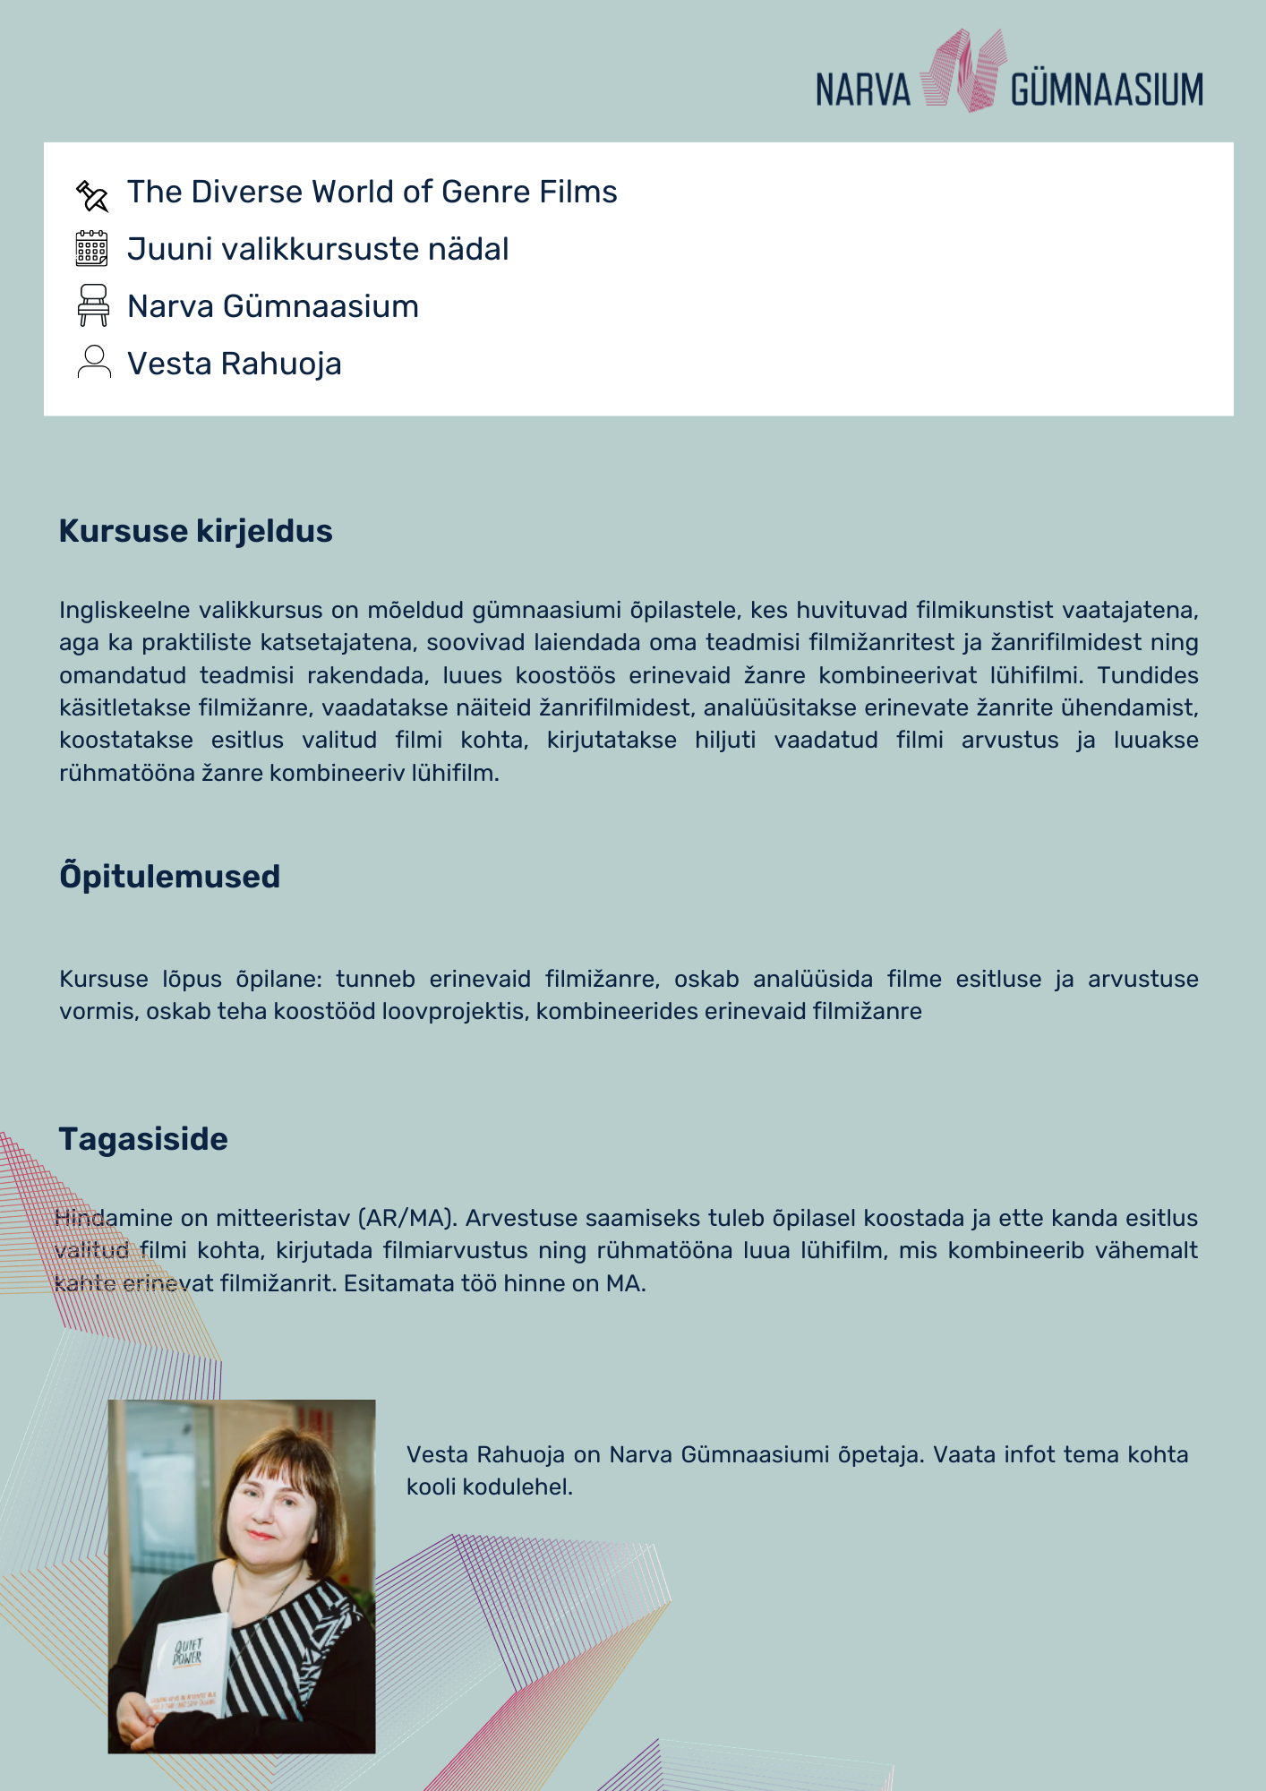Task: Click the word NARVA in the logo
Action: pos(862,90)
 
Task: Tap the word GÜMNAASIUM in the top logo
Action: pos(1107,90)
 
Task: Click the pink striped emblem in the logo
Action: pos(961,72)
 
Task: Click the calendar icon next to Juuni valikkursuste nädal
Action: pos(92,249)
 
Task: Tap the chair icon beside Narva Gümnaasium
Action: pos(93,305)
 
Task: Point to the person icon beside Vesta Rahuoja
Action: pos(94,363)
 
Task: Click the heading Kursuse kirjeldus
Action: pos(195,531)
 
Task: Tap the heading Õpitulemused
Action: pos(169,876)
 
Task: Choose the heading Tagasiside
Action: pos(143,1139)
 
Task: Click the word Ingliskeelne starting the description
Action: pos(124,610)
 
